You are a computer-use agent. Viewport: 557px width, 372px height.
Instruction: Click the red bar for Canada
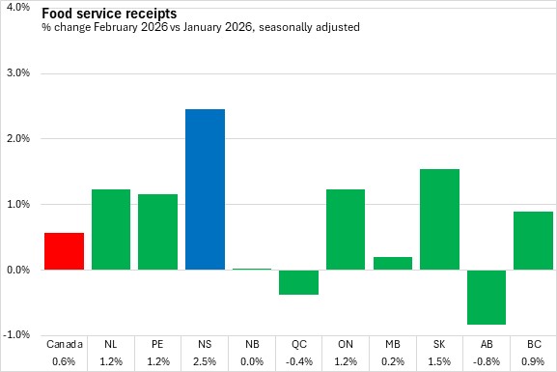[65, 251]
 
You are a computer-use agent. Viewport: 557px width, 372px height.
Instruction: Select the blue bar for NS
[205, 189]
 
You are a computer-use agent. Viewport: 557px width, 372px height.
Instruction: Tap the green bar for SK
[439, 219]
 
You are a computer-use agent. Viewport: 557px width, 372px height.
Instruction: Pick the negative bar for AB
[487, 298]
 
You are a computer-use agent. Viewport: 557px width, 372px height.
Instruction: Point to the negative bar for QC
[298, 282]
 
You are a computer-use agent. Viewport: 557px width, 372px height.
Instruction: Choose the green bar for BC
[533, 241]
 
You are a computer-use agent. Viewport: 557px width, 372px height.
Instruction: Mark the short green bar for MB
[393, 263]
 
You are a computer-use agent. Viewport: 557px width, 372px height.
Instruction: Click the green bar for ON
[346, 229]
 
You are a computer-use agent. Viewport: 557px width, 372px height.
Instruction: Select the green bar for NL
[111, 229]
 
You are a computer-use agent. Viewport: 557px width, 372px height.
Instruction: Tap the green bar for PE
[157, 232]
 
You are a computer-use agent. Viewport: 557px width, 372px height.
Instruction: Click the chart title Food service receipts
[109, 14]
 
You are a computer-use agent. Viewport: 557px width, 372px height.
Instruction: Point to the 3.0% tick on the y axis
[18, 72]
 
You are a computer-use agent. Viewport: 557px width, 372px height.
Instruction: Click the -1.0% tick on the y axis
[16, 334]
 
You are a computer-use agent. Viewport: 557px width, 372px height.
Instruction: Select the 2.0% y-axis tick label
[18, 138]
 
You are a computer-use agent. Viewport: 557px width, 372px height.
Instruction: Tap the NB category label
[252, 344]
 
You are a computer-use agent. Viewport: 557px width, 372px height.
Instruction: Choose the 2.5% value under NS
[205, 361]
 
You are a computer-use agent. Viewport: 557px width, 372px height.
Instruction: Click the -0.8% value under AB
[487, 361]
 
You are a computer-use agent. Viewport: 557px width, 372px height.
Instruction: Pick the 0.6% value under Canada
[64, 361]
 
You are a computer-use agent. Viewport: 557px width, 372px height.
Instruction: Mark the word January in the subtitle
[203, 27]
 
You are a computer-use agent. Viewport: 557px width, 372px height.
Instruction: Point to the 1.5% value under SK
[439, 361]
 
